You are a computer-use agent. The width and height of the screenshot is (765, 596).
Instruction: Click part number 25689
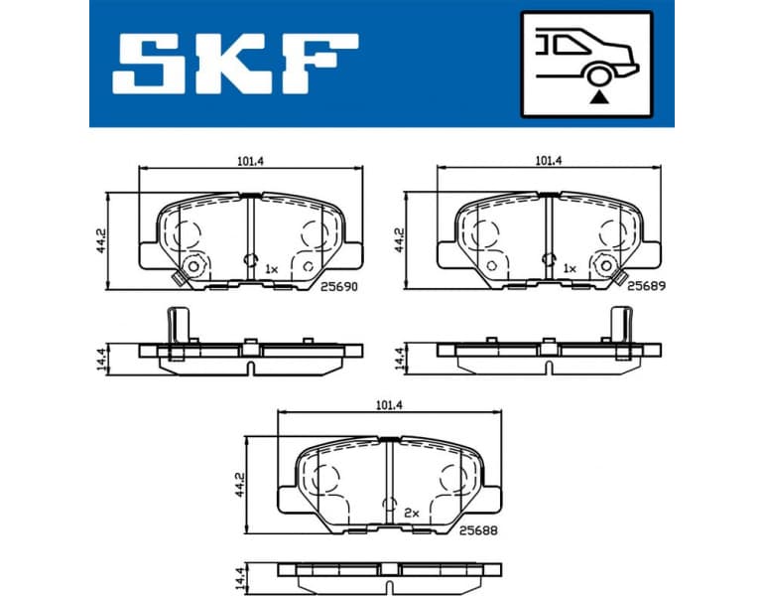[x=644, y=285]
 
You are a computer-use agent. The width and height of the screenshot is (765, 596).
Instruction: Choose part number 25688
[x=478, y=529]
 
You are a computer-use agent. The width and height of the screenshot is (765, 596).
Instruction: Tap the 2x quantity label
[x=414, y=513]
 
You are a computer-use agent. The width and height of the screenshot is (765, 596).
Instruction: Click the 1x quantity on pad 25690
[x=272, y=268]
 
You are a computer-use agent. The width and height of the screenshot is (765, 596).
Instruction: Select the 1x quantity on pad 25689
[x=570, y=268]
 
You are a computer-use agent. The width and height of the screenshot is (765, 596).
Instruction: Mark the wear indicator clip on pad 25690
[x=190, y=269]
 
